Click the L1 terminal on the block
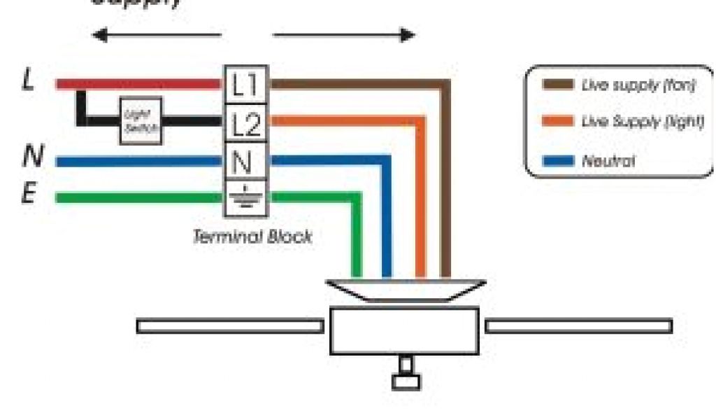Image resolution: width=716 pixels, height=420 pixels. click(x=245, y=85)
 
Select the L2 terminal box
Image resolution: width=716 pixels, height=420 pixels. click(x=245, y=125)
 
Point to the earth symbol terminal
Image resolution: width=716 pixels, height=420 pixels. click(x=244, y=198)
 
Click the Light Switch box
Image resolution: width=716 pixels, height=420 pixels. click(x=141, y=120)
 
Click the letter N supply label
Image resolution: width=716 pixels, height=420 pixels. click(x=30, y=157)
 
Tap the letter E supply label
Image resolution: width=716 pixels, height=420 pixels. click(x=28, y=194)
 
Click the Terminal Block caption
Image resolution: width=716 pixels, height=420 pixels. click(x=252, y=237)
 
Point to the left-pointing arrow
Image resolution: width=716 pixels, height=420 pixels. click(x=157, y=35)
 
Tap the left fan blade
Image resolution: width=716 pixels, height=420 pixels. click(x=229, y=326)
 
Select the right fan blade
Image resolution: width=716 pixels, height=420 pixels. click(x=579, y=326)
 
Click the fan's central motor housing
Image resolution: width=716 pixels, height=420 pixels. click(x=404, y=330)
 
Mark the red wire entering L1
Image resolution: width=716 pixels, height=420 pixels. click(x=140, y=84)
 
